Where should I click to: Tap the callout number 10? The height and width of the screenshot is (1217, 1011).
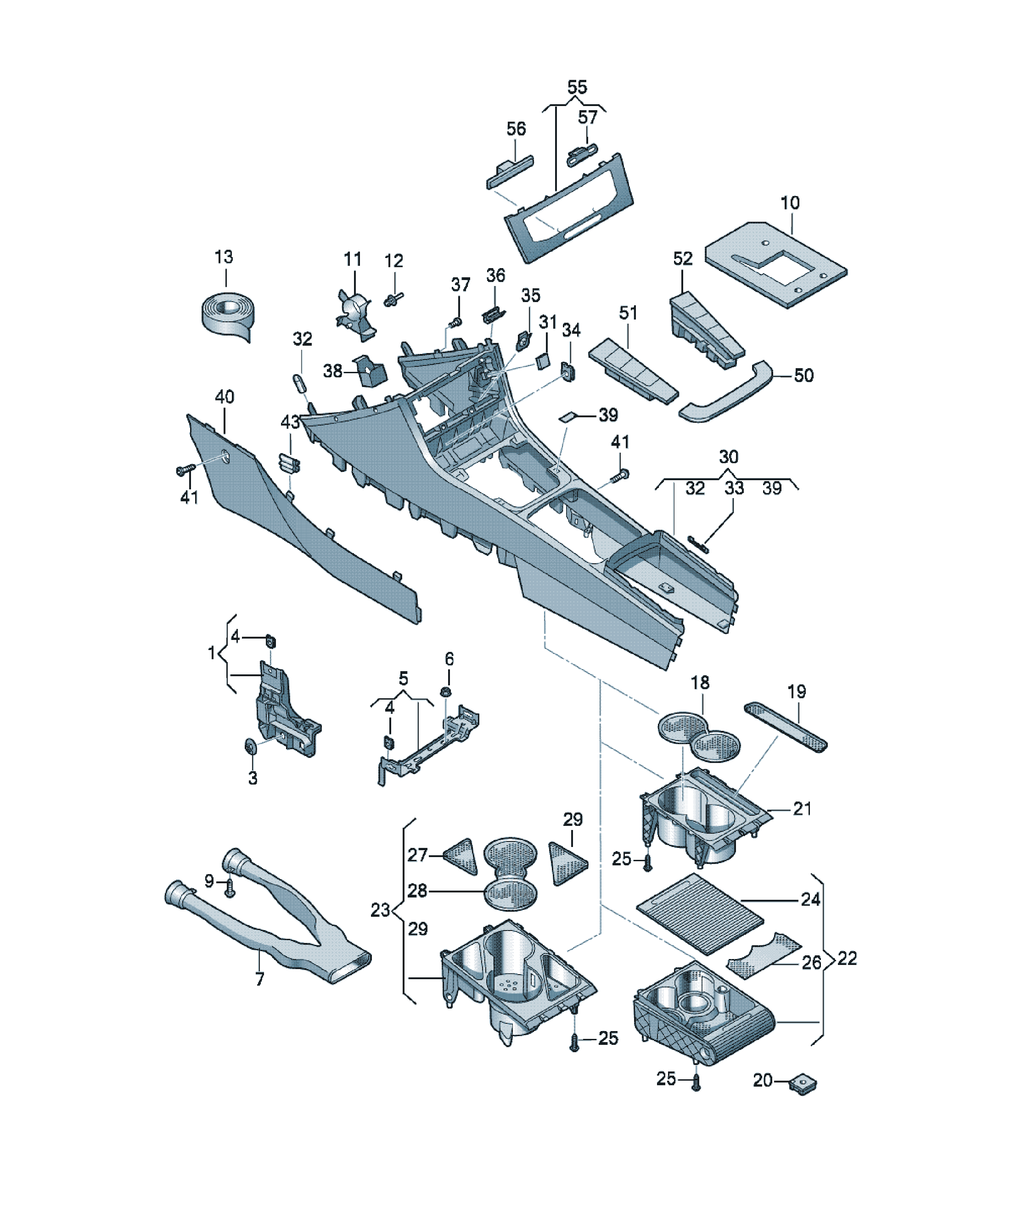(790, 203)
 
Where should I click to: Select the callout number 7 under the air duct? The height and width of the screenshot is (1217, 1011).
(260, 979)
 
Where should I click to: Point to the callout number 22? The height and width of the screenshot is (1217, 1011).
(847, 958)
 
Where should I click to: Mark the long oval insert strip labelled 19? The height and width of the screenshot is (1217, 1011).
(786, 726)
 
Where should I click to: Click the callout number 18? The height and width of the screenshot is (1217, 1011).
(700, 683)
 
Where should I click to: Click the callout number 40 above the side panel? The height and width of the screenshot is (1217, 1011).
(225, 397)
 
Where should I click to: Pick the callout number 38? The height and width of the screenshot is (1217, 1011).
(333, 371)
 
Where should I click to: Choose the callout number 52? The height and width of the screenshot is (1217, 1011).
(683, 258)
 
